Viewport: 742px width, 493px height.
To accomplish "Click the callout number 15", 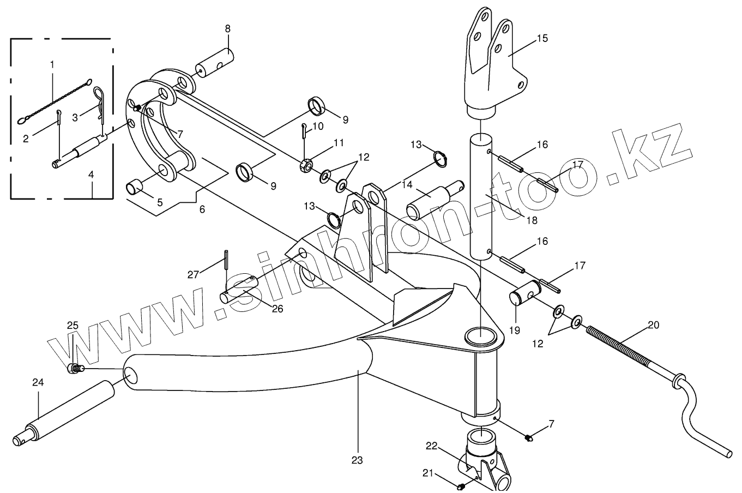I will (541, 39).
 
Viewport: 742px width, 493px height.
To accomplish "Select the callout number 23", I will (357, 460).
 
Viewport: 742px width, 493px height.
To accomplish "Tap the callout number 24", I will (38, 383).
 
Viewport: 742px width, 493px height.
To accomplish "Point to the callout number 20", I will (653, 325).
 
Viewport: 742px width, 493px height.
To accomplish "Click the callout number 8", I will (227, 28).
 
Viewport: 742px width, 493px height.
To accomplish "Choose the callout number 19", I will (515, 330).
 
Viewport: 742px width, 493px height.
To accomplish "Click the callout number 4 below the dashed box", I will (91, 175).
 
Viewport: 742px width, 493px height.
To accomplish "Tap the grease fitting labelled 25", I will (74, 369).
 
